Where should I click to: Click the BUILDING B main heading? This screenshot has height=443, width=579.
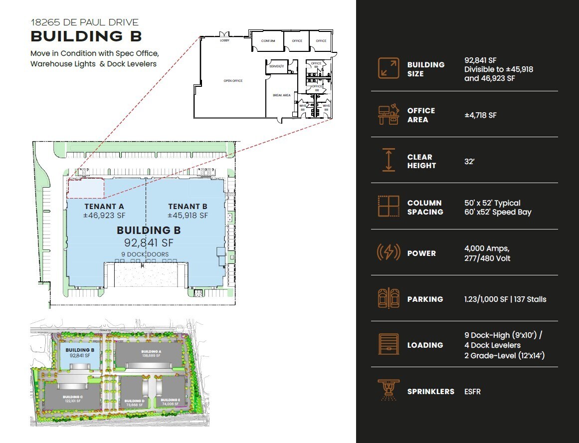(x=86, y=36)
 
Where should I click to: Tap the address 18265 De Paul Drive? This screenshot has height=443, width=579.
(x=84, y=22)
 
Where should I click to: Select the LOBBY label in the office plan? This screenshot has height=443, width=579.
(x=225, y=40)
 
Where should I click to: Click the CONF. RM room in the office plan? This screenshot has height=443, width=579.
(x=268, y=41)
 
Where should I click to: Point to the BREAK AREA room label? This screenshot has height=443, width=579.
(x=281, y=95)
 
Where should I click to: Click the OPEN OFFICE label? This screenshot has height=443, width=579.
(x=233, y=80)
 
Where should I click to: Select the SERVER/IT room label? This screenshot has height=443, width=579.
(x=276, y=66)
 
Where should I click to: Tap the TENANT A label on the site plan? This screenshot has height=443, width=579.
(x=104, y=207)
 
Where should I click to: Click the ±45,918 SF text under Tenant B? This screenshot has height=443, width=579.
(x=188, y=216)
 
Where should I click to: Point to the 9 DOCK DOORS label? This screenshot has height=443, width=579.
(x=145, y=254)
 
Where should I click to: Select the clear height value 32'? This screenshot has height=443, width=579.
(x=469, y=161)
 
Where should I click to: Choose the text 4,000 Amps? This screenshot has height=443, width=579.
(x=486, y=248)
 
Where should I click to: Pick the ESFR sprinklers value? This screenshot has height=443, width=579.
(x=472, y=391)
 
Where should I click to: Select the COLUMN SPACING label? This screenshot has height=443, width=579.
(x=425, y=207)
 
